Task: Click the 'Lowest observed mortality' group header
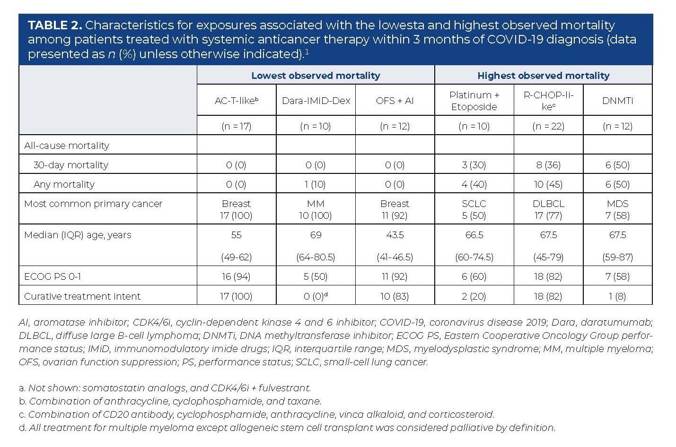point(316,75)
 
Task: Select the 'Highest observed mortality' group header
point(543,75)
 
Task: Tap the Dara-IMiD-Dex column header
point(316,100)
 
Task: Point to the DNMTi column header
point(617,100)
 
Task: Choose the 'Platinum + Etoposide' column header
point(474,101)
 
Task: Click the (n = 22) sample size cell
point(548,126)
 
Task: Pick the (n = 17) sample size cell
point(237,126)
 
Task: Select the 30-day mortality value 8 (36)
point(548,165)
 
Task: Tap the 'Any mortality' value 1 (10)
point(316,184)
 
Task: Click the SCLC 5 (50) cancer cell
point(474,209)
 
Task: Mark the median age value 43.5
point(395,235)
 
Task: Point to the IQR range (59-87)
point(617,257)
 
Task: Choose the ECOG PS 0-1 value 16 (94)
point(237,276)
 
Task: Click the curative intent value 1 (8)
point(617,296)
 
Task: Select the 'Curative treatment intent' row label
point(82,296)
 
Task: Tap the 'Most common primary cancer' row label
point(93,204)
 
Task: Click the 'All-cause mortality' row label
point(67,146)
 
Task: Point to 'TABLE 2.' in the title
point(55,25)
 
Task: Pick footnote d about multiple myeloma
point(287,428)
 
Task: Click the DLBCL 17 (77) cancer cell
point(548,209)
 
